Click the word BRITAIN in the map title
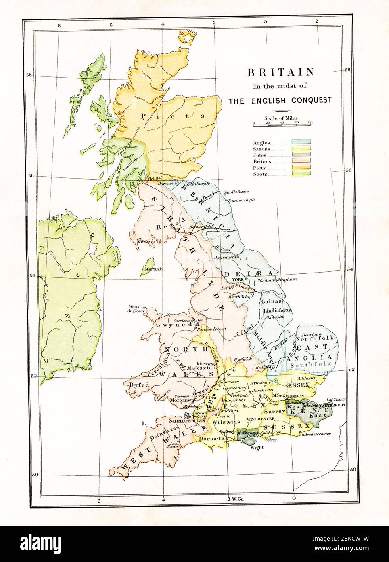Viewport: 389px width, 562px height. point(280,72)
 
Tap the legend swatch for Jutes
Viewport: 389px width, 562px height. point(301,155)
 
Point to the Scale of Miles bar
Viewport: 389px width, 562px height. point(282,126)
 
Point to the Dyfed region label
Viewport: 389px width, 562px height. point(137,385)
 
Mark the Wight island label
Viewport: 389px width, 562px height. point(257,448)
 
